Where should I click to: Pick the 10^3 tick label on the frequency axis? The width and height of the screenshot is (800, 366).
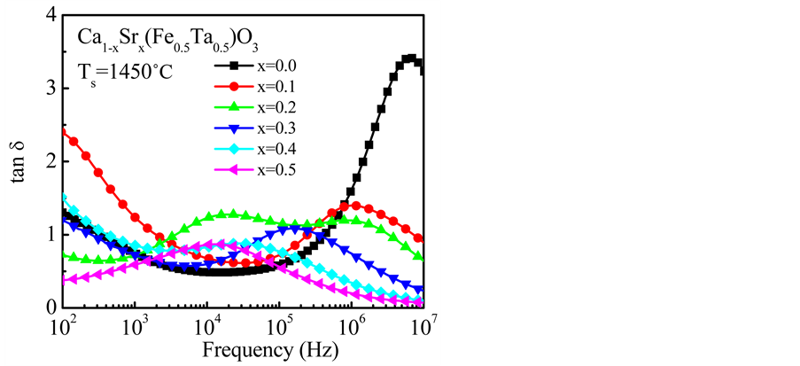pos(135,324)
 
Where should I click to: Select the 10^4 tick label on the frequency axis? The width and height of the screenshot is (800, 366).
pos(206,324)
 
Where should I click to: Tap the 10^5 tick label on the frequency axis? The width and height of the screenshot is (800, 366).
pos(279,324)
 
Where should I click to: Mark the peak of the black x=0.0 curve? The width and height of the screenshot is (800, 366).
pos(409,58)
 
